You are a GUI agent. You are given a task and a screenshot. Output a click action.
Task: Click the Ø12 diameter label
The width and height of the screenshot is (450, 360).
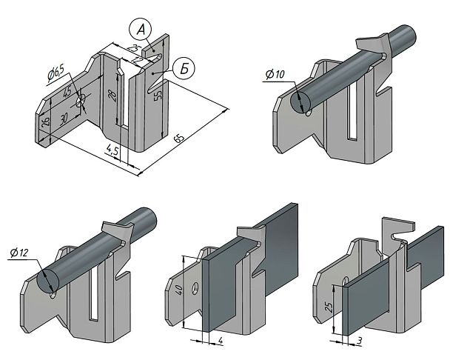(x=19, y=253)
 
